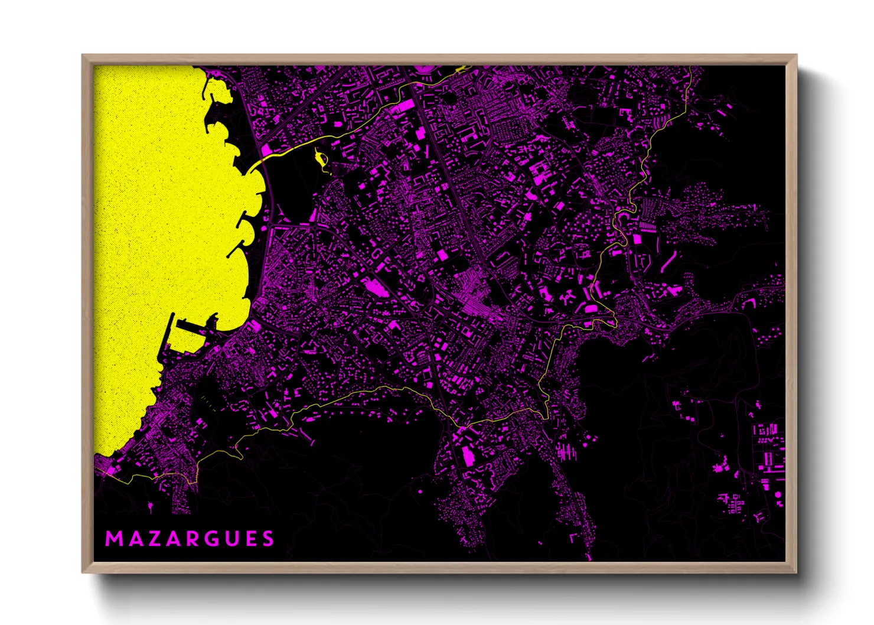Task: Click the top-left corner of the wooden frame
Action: tap(83, 56)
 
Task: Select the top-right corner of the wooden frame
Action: tap(796, 56)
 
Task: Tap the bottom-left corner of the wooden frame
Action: tap(83, 572)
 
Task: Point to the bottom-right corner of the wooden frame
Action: tap(796, 572)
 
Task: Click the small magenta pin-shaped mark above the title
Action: tap(150, 506)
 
